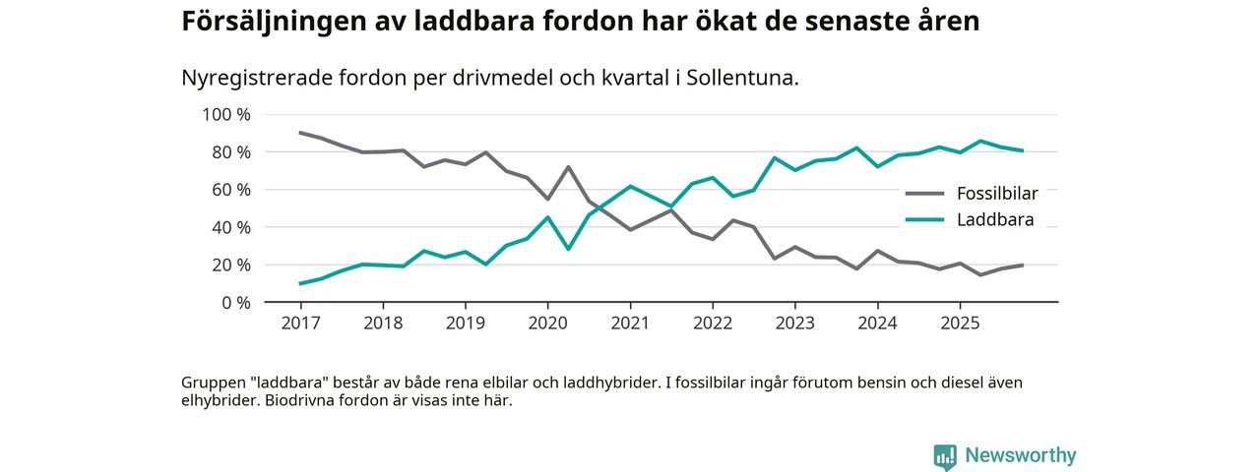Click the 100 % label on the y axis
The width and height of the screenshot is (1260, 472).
pos(225,115)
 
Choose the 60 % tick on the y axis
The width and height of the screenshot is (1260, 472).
pos(229,190)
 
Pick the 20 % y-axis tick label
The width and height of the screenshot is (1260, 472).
pos(229,265)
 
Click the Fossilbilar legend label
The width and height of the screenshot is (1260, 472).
pos(996,194)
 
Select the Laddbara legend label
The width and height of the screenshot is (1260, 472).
pos(994,220)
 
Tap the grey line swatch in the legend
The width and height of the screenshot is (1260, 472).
pos(924,194)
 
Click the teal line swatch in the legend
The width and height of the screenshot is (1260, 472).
pos(924,220)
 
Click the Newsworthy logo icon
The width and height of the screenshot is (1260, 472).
pos(945,456)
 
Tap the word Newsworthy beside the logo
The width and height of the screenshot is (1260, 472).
pos(1020,456)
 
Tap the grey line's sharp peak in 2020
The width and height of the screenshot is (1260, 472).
pos(568,167)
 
